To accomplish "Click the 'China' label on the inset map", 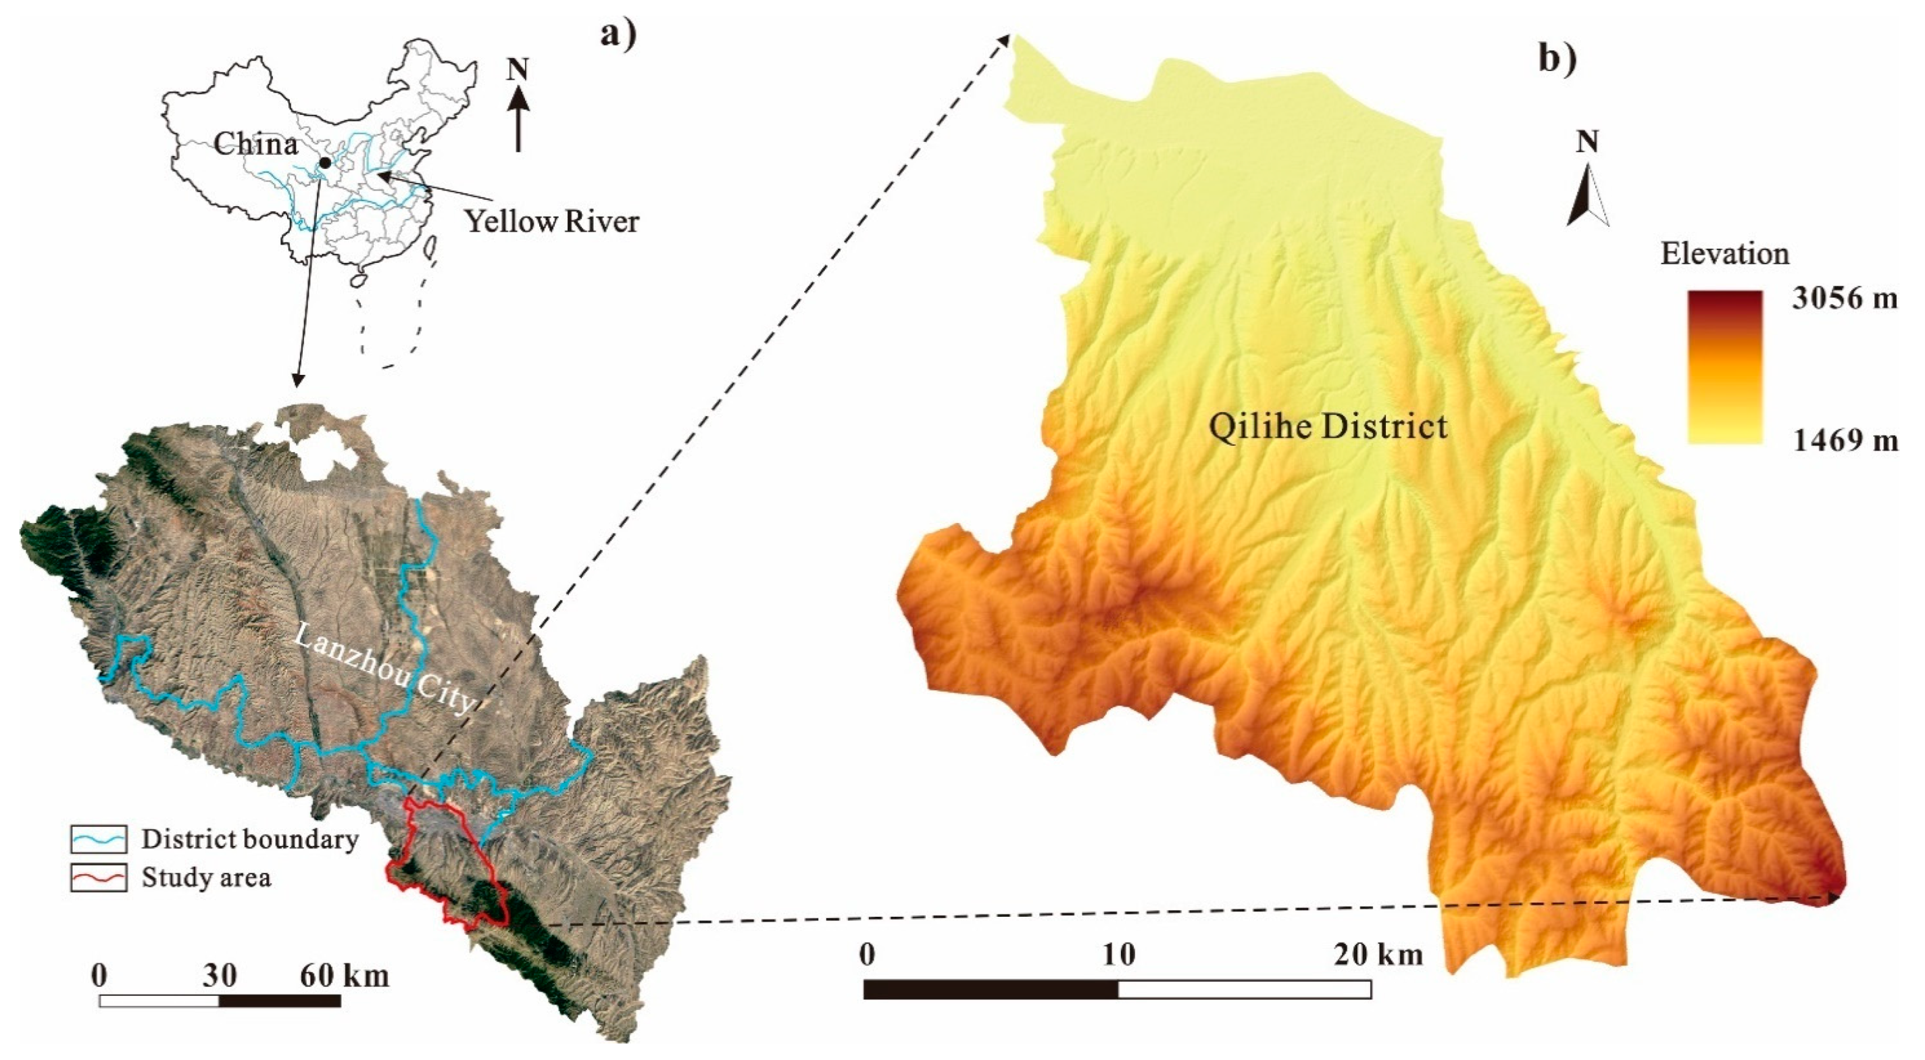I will [255, 143].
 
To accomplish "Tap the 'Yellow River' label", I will [551, 222].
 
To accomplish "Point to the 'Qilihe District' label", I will [1328, 427].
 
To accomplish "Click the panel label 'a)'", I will [619, 35].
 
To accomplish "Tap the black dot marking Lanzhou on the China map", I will [325, 163].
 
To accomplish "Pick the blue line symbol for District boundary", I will [99, 840].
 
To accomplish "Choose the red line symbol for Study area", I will [99, 878].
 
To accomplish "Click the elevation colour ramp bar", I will [1725, 368].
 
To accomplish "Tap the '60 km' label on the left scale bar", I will [345, 976].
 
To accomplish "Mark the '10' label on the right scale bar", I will [1118, 954].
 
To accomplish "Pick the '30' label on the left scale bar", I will [220, 976].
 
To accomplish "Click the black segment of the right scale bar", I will [991, 990].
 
